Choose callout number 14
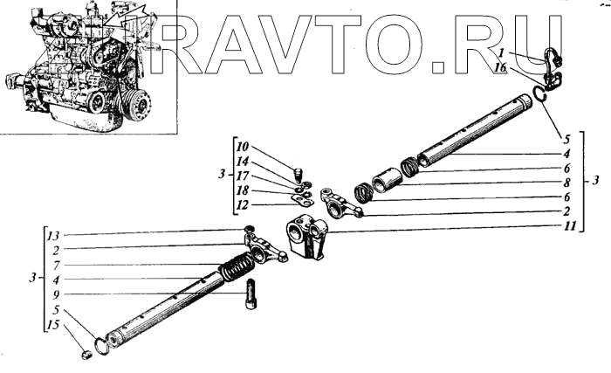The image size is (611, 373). click(243, 161)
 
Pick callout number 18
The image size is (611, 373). click(243, 191)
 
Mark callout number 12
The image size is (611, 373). click(243, 206)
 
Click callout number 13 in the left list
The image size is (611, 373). click(54, 235)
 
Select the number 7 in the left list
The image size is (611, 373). click(54, 265)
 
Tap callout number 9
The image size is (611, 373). click(54, 294)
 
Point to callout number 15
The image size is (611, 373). click(54, 325)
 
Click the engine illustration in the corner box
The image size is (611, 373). click(87, 66)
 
